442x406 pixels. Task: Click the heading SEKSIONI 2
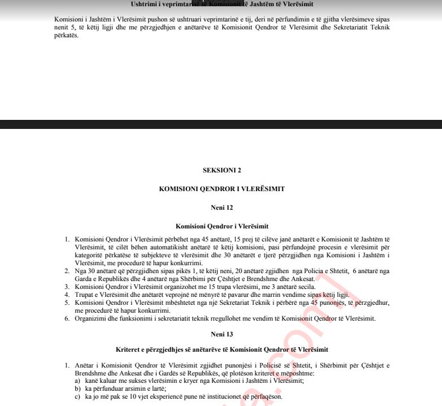coord(222,170)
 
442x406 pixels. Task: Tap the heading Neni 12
coord(222,208)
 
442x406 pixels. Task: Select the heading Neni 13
coord(222,334)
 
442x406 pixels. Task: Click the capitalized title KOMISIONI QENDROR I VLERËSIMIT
coord(222,189)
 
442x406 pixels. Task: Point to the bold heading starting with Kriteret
coord(222,349)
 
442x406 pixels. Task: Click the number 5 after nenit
coord(72,27)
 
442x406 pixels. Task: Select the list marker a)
coord(77,381)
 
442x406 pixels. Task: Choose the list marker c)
coord(77,397)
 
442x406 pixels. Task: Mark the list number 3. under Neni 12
coord(67,287)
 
